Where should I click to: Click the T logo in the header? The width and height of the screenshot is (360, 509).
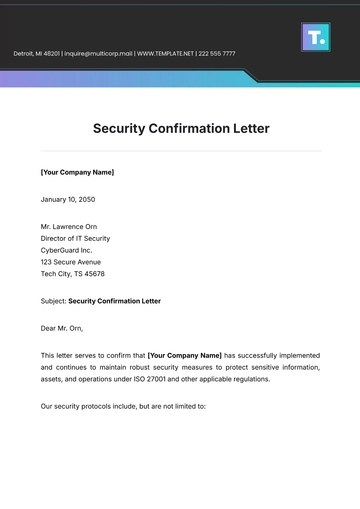315,37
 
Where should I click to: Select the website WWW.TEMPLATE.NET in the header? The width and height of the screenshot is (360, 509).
165,53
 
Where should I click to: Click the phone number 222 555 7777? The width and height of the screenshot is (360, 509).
217,53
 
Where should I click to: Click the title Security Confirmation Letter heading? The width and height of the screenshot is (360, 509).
181,128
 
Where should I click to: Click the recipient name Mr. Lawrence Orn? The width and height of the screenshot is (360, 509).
76,226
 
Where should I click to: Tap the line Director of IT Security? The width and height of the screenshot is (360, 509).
75,238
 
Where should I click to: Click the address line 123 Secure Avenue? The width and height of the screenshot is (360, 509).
71,262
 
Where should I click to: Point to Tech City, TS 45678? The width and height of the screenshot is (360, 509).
72,273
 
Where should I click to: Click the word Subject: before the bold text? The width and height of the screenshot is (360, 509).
53,300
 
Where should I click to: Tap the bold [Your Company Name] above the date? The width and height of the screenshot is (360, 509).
77,172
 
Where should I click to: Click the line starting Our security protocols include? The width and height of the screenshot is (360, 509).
123,406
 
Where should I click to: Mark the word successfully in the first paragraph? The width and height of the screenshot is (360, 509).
261,355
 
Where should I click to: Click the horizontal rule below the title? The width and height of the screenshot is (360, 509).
181,151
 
